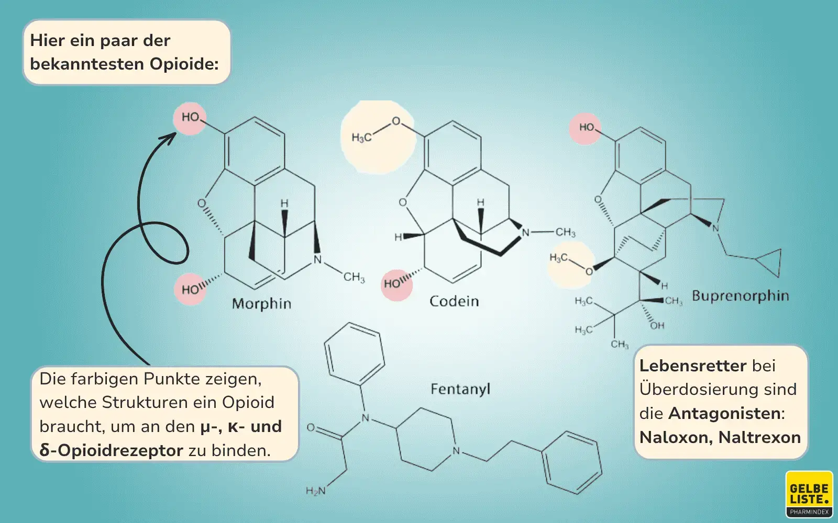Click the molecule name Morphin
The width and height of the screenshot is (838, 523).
point(261,304)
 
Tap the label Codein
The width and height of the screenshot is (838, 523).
point(454,301)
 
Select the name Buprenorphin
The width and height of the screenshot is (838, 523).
point(740,296)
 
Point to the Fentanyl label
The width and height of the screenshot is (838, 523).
point(460,389)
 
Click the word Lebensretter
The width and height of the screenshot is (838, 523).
point(692,366)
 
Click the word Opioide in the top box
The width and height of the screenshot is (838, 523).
point(184,64)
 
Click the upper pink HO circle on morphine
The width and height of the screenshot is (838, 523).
point(190,118)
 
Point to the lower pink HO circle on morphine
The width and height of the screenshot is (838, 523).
point(190,289)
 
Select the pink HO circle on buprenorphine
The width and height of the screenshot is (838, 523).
point(586,128)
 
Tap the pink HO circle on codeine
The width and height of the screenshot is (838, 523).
point(396,284)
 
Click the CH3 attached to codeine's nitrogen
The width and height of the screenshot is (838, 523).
point(565,232)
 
